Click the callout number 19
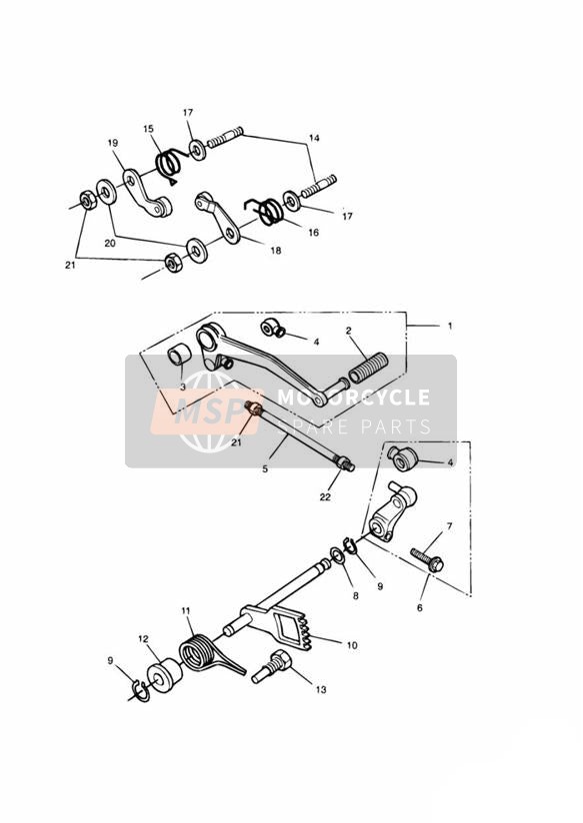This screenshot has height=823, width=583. pyautogui.click(x=112, y=143)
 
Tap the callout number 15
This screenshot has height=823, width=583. pyautogui.click(x=148, y=129)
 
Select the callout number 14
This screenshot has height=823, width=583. pyautogui.click(x=314, y=138)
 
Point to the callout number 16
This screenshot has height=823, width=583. pyautogui.click(x=313, y=233)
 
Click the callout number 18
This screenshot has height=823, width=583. pyautogui.click(x=275, y=251)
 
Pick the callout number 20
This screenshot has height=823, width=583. pyautogui.click(x=109, y=243)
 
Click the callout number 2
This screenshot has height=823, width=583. pyautogui.click(x=349, y=331)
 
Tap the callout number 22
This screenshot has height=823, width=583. pyautogui.click(x=325, y=497)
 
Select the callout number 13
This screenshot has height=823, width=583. pyautogui.click(x=321, y=690)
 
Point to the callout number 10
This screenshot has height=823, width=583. pyautogui.click(x=352, y=645)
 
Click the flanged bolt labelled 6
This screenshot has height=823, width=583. pyautogui.click(x=427, y=560)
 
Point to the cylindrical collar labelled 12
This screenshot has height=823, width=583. pyautogui.click(x=164, y=674)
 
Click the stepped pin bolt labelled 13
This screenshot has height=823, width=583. pyautogui.click(x=270, y=666)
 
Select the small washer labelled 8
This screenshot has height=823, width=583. pyautogui.click(x=336, y=556)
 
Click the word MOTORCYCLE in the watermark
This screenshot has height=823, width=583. pyautogui.click(x=353, y=398)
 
